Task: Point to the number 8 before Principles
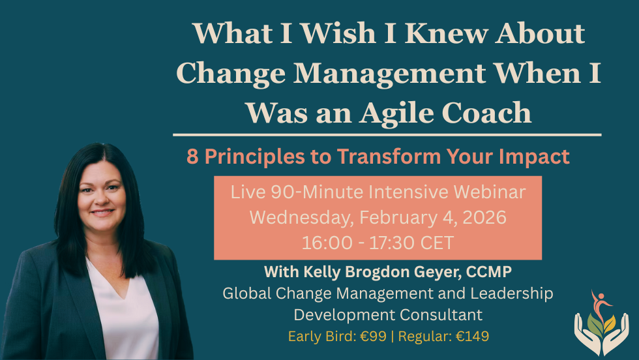point(192,157)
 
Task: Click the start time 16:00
point(325,243)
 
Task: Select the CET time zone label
point(438,243)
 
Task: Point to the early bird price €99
point(378,337)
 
